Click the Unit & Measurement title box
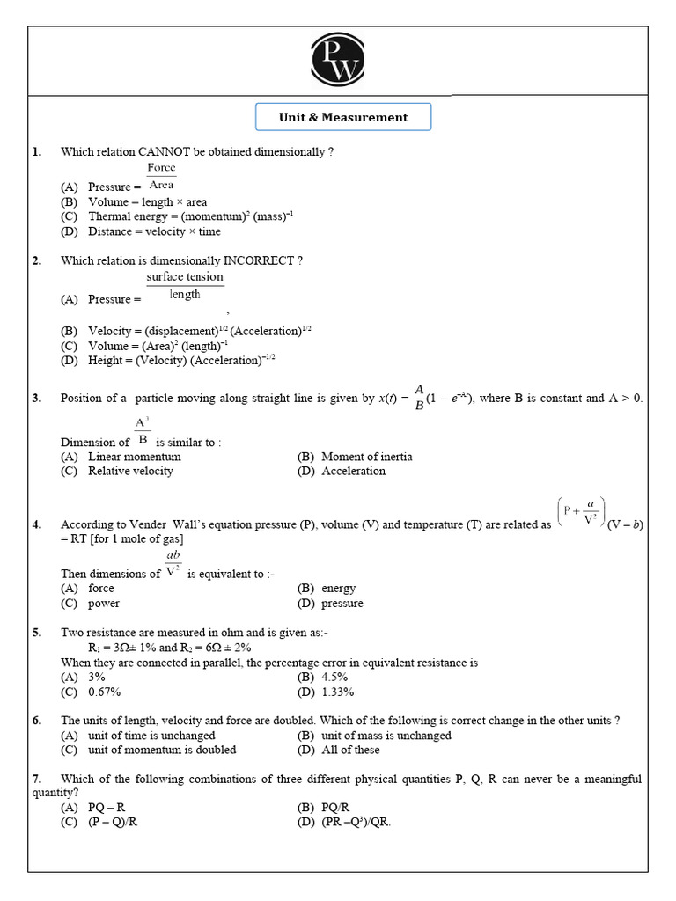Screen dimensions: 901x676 point(343,117)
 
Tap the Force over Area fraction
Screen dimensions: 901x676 point(161,176)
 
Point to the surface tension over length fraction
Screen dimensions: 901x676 point(185,286)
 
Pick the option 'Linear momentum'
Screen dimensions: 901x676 point(134,457)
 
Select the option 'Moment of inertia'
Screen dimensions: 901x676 point(366,457)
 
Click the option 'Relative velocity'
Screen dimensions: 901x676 point(130,471)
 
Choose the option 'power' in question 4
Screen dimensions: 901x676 point(103,604)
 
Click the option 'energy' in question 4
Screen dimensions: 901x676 point(338,589)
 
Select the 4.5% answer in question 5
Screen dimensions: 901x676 point(334,677)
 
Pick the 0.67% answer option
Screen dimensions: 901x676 point(104,692)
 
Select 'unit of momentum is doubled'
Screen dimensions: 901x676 point(161,750)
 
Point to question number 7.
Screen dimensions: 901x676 point(37,780)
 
